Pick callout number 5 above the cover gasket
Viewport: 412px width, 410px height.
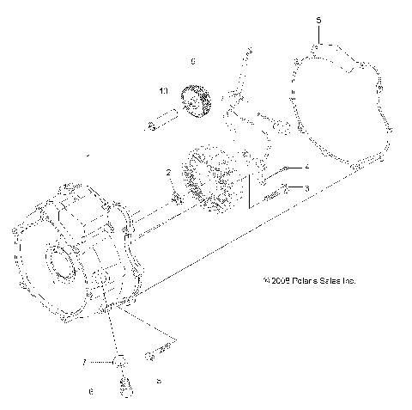coord(318,18)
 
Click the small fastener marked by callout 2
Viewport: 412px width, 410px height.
coord(177,199)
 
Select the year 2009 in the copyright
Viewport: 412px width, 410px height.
coord(276,280)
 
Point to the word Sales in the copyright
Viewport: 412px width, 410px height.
coord(328,280)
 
